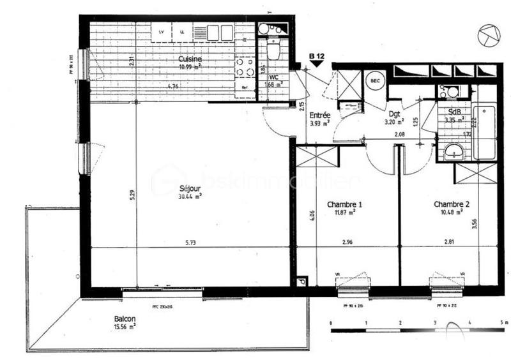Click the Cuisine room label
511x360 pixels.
click(x=190, y=59)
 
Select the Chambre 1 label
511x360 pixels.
click(x=345, y=204)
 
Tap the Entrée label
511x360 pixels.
click(x=319, y=116)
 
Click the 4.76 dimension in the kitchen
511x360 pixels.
click(x=172, y=86)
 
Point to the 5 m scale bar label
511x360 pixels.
click(x=503, y=324)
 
